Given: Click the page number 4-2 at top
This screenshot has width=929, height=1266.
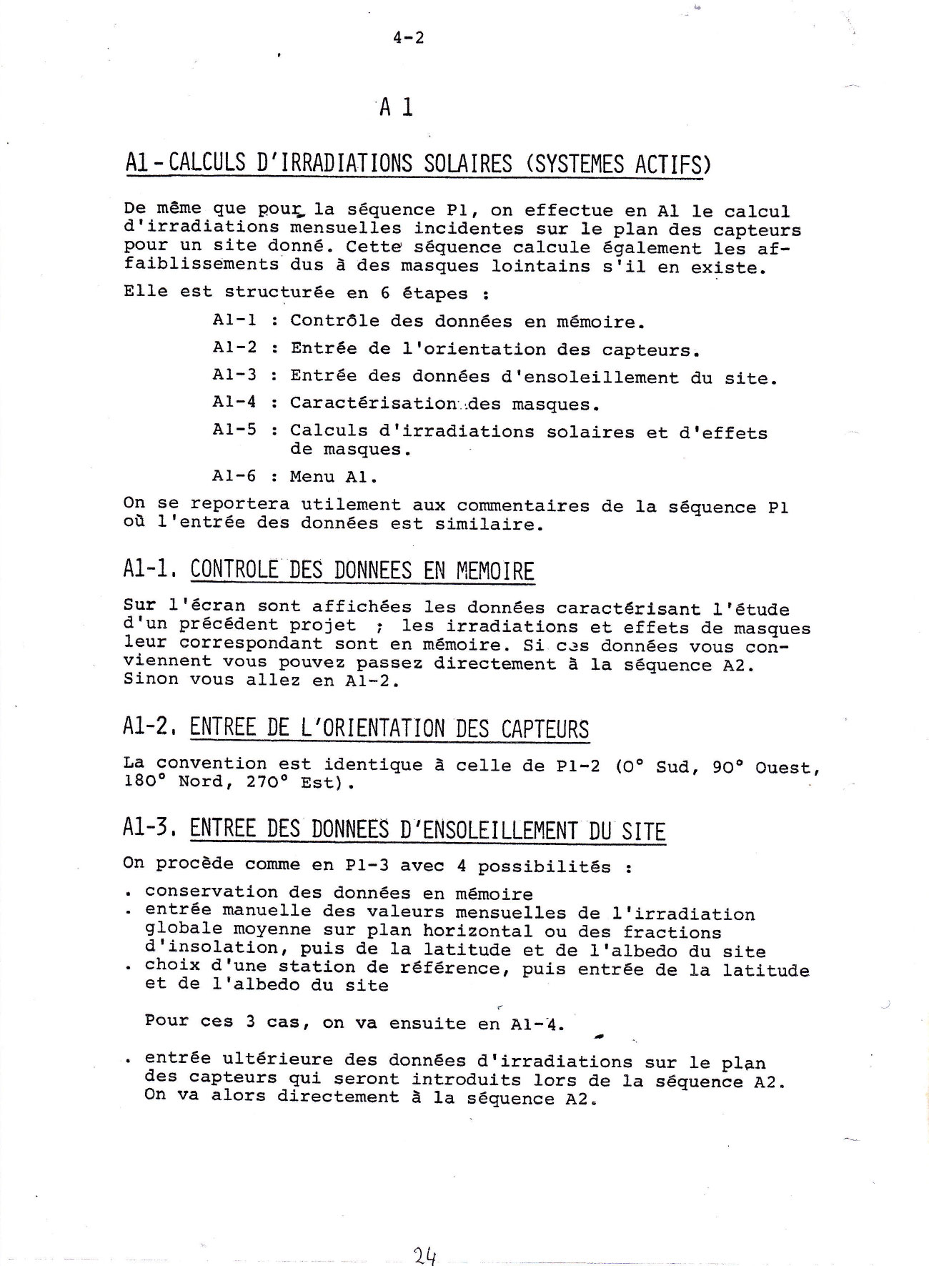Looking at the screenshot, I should [x=408, y=38].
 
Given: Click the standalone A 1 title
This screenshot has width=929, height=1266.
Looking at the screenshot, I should [x=395, y=108].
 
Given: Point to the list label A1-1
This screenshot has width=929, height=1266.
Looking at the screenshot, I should [x=234, y=320].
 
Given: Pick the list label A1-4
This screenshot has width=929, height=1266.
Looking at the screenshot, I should [x=234, y=402].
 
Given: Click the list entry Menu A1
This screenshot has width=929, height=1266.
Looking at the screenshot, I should [x=334, y=477].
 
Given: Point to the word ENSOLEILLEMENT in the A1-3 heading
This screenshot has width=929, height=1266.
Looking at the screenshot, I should [x=500, y=831].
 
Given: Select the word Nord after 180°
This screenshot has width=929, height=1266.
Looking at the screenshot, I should [x=200, y=783].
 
